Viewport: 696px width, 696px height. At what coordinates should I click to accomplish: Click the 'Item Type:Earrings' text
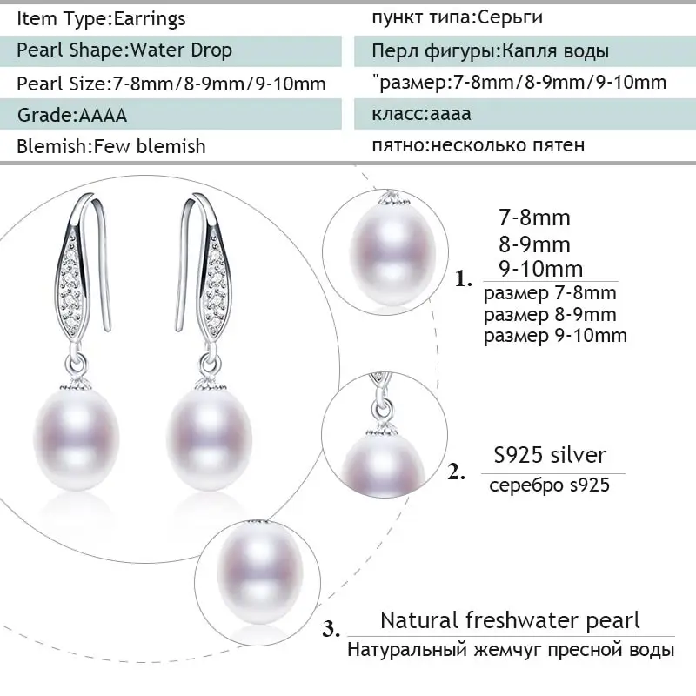[102, 17]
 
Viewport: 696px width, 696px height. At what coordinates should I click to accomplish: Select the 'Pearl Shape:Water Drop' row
[124, 50]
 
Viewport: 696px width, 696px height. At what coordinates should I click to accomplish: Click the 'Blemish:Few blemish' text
[111, 146]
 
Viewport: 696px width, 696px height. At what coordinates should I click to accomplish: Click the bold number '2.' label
[458, 472]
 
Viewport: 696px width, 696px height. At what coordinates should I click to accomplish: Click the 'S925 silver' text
[545, 455]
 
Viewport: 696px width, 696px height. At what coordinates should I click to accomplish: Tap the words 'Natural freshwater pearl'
[510, 620]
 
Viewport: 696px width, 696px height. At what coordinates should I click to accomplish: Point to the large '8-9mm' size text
[541, 244]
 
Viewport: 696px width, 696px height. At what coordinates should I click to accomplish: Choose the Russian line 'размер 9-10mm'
[555, 335]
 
